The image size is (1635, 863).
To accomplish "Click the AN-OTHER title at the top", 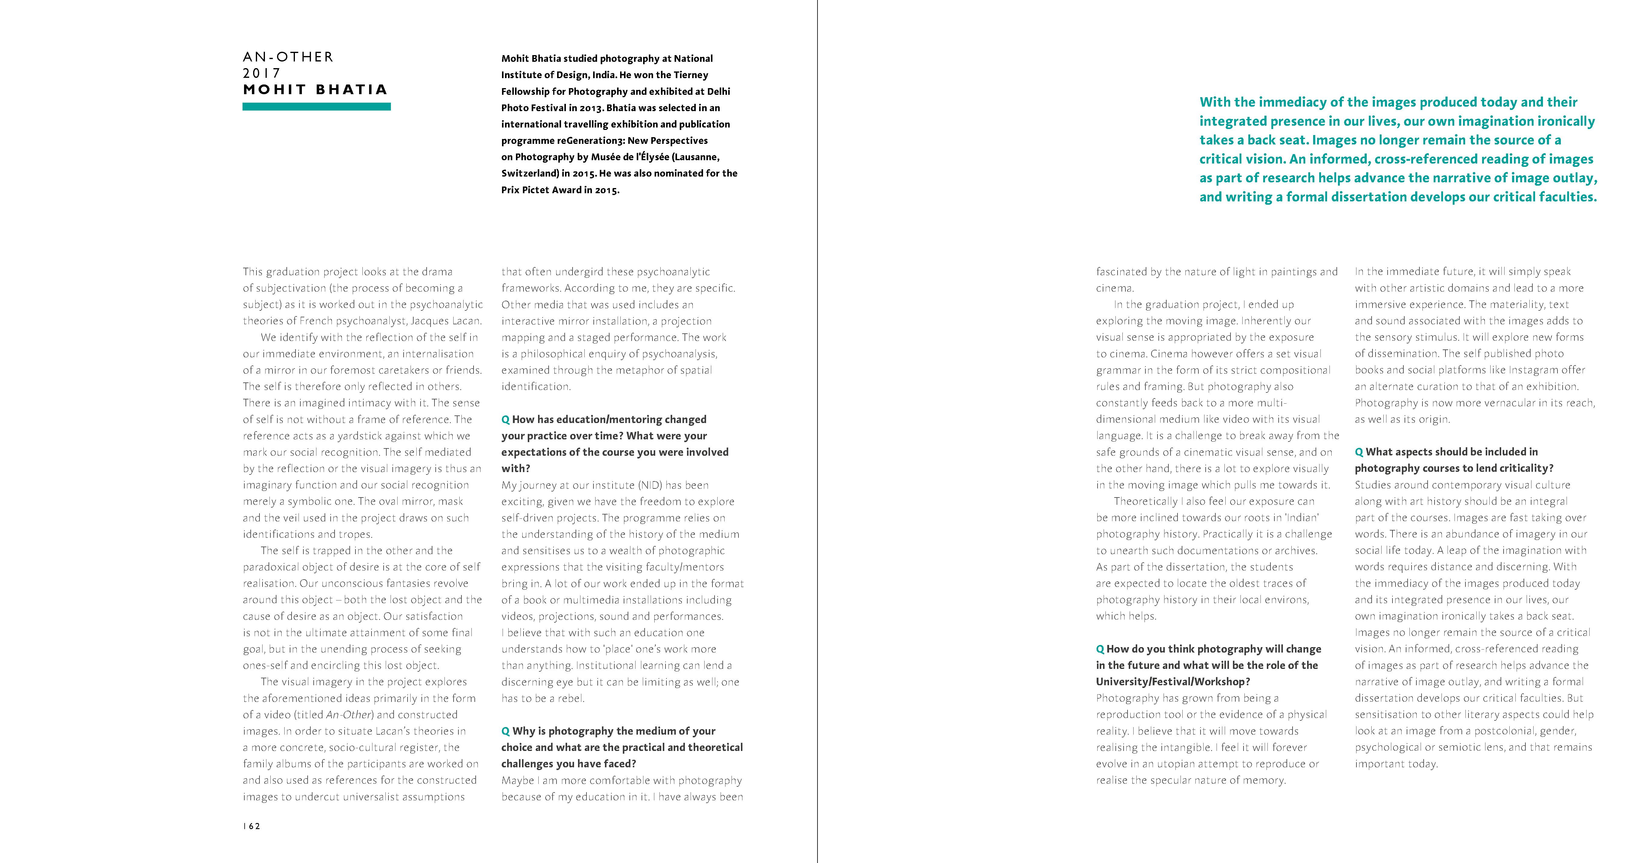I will (288, 57).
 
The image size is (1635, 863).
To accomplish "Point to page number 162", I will (252, 826).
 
